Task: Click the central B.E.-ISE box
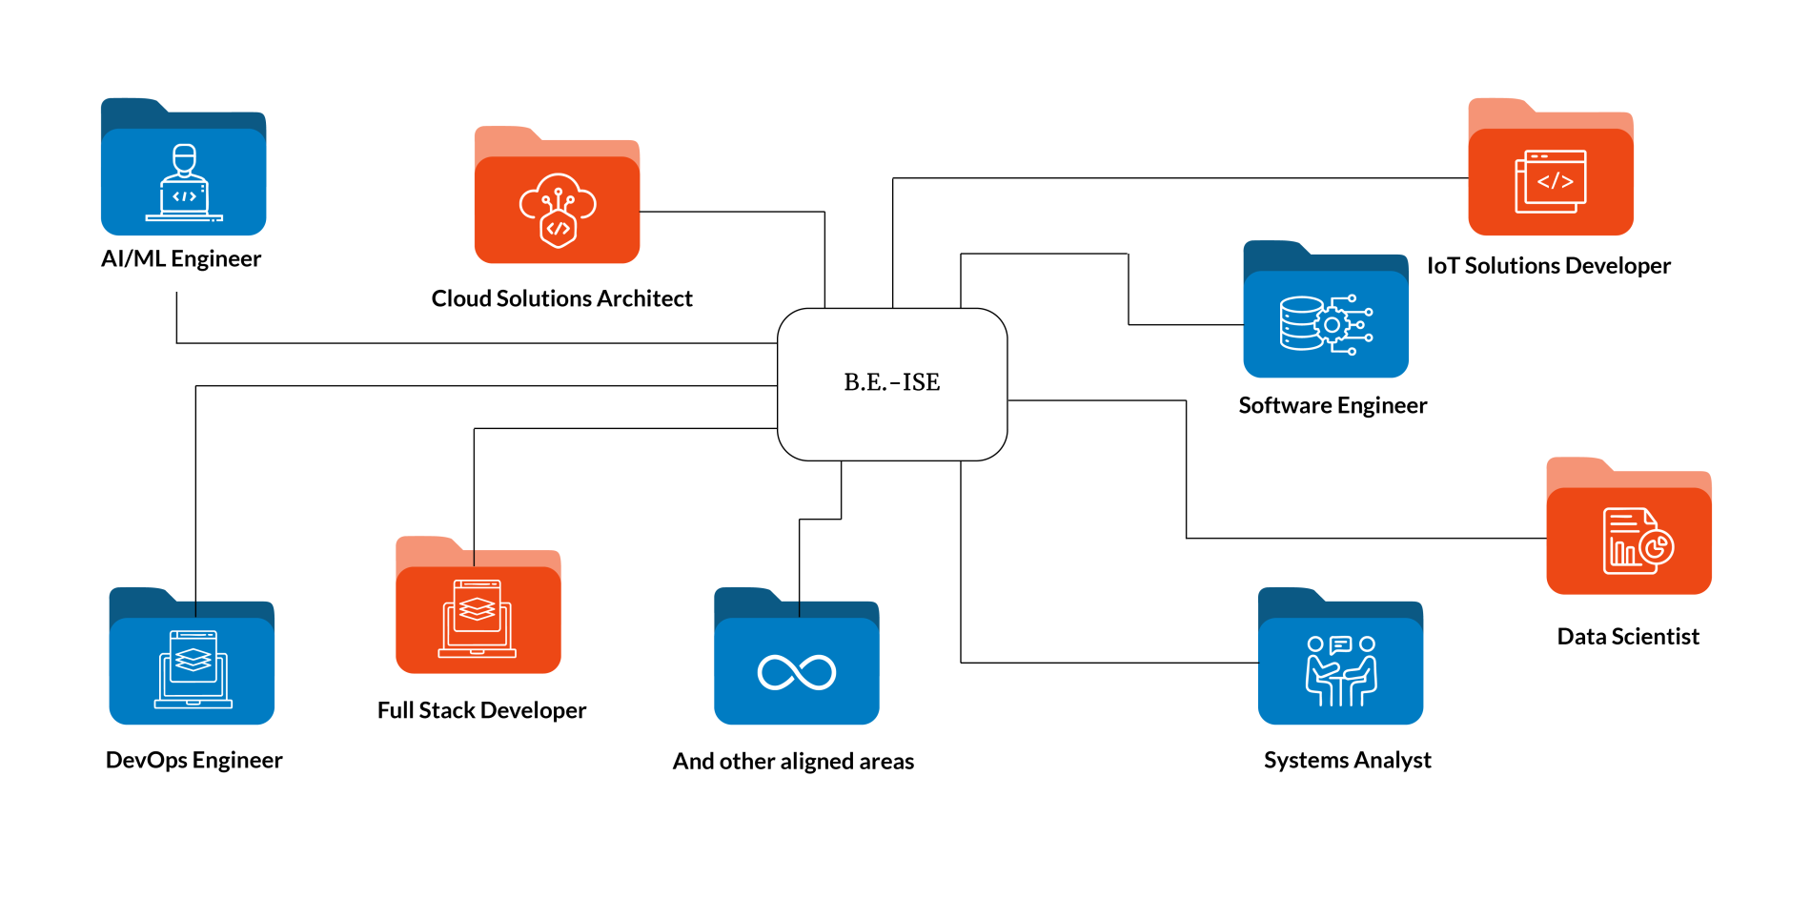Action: pyautogui.click(x=892, y=383)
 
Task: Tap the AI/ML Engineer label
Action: pyautogui.click(x=181, y=259)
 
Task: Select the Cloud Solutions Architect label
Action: pyautogui.click(x=561, y=299)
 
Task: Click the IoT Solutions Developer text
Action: pyautogui.click(x=1548, y=266)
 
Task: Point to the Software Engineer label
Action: pyautogui.click(x=1333, y=406)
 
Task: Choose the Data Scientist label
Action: pyautogui.click(x=1628, y=637)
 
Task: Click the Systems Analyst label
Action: pyautogui.click(x=1347, y=761)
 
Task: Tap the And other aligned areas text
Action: pyautogui.click(x=793, y=762)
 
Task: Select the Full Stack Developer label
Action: pyautogui.click(x=481, y=711)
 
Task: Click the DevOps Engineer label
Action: pyautogui.click(x=193, y=761)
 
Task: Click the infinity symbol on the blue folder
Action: pyautogui.click(x=797, y=672)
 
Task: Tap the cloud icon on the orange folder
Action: pyautogui.click(x=558, y=210)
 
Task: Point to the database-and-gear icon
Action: pyautogui.click(x=1326, y=324)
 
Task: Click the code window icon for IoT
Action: pyautogui.click(x=1551, y=181)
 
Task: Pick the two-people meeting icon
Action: pyautogui.click(x=1341, y=671)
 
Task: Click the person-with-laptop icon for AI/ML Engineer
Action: pyautogui.click(x=184, y=183)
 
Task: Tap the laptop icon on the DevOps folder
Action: pyautogui.click(x=193, y=669)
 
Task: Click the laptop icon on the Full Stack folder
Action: pyautogui.click(x=478, y=618)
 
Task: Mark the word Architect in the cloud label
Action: pyautogui.click(x=644, y=299)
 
